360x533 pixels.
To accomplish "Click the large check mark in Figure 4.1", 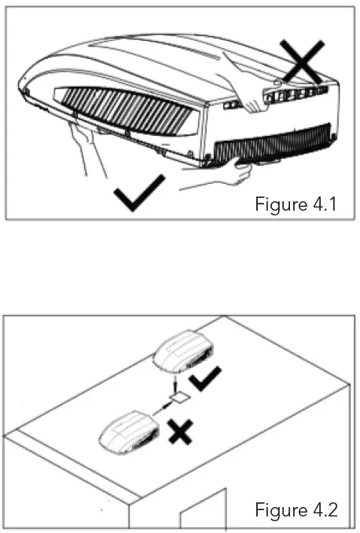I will tap(139, 193).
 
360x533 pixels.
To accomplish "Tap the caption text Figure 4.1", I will tap(296, 205).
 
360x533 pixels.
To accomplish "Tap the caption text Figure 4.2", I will tap(296, 510).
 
